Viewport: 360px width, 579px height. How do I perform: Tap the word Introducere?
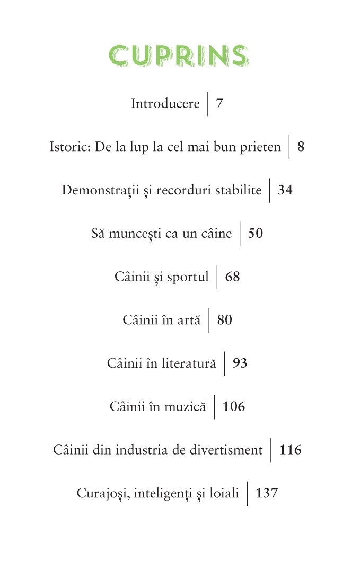(165, 103)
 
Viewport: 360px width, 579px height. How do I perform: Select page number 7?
(219, 103)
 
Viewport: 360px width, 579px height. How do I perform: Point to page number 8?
(301, 147)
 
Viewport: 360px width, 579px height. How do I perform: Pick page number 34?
(285, 190)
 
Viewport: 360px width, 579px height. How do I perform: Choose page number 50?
(255, 234)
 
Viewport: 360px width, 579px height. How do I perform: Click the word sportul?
(188, 277)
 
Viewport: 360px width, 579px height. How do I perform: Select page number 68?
(232, 277)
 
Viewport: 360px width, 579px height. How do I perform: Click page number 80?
(224, 320)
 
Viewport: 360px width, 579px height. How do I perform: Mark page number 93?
(240, 363)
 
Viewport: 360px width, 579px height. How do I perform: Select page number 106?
(234, 407)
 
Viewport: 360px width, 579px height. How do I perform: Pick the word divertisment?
(230, 450)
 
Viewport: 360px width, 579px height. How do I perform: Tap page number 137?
(267, 494)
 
